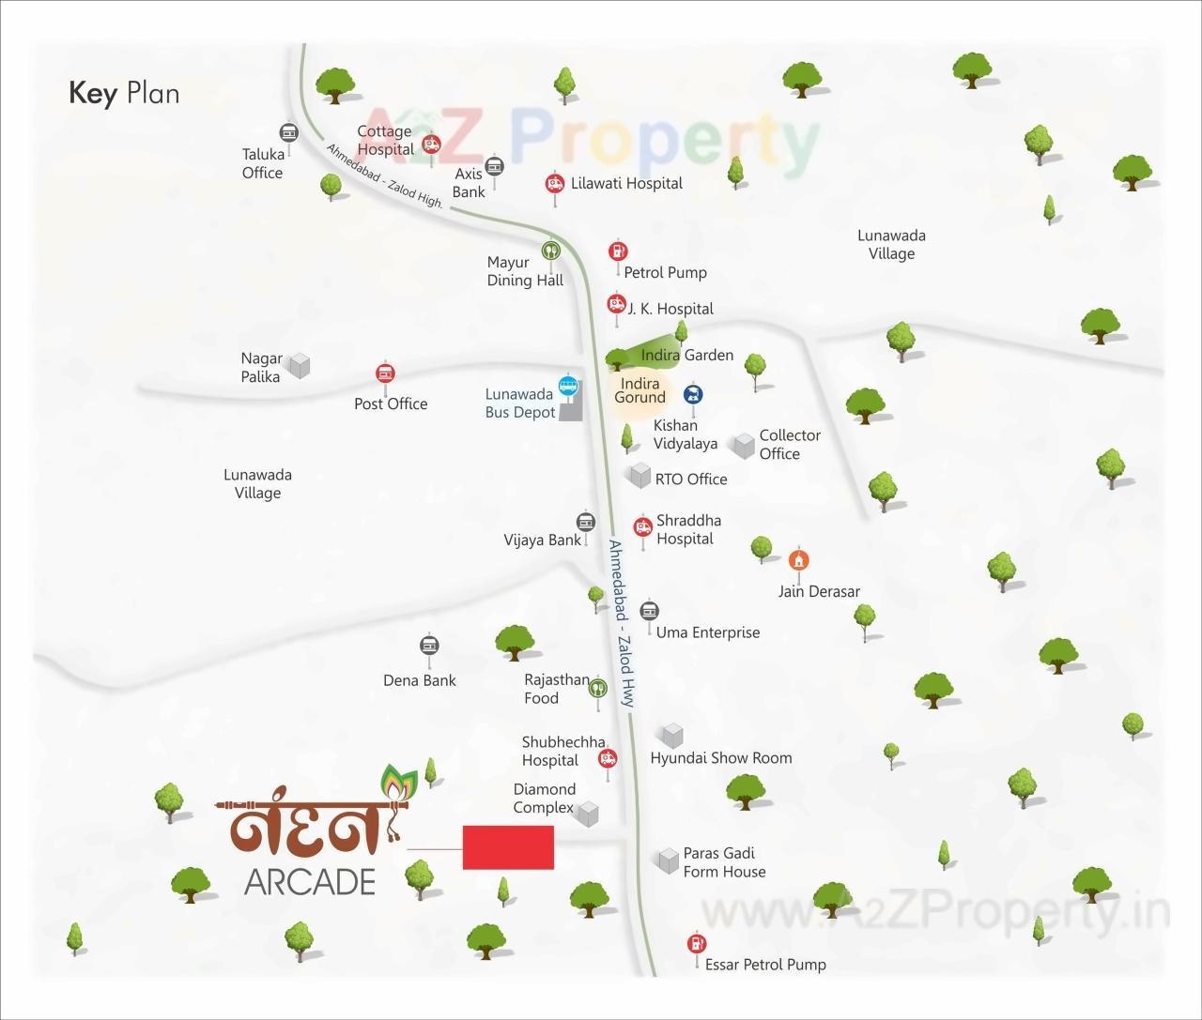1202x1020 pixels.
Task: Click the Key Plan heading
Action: tap(124, 94)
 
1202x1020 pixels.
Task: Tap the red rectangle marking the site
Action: tap(508, 848)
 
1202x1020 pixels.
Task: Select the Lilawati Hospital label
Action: tap(626, 183)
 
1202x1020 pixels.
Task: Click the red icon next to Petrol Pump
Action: tap(617, 251)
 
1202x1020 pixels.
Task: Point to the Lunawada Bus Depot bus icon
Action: tap(568, 385)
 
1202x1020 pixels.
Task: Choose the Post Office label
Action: tap(391, 403)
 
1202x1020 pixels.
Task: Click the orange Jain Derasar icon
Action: tap(798, 560)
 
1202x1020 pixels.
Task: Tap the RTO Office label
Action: tap(691, 479)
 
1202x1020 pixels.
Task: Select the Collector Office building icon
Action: tap(744, 446)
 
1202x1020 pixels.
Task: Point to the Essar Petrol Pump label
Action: tap(765, 965)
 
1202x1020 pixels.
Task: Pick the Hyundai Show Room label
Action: tap(721, 757)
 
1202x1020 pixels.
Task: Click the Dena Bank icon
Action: tap(429, 646)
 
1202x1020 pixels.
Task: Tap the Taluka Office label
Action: tap(263, 163)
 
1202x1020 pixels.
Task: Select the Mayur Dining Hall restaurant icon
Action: tap(550, 251)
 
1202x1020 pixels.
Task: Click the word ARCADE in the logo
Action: tap(310, 882)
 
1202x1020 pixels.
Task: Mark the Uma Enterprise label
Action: tap(708, 632)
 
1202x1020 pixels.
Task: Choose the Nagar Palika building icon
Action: tap(299, 365)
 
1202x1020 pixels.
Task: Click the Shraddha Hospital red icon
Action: tap(643, 527)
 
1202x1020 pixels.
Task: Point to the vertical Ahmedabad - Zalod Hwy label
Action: tap(623, 624)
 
